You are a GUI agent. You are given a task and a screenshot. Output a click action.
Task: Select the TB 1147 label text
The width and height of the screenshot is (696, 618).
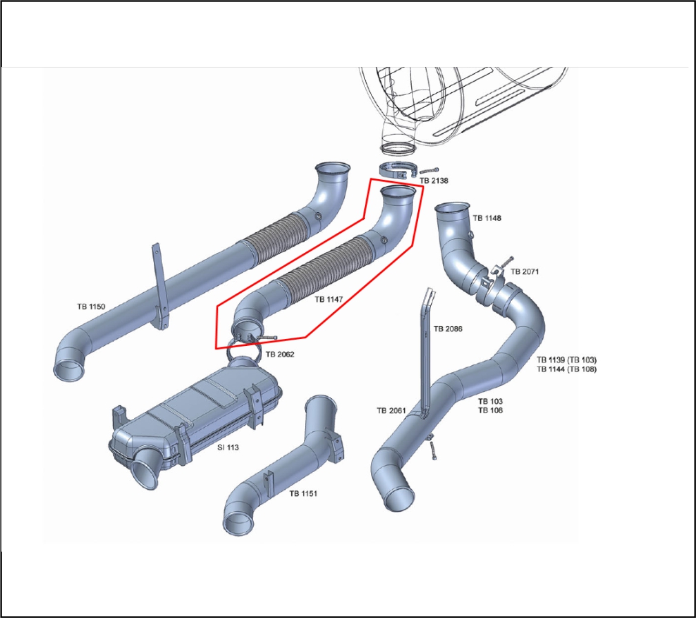point(329,300)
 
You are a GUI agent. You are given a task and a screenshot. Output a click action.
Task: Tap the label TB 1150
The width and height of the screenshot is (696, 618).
point(91,306)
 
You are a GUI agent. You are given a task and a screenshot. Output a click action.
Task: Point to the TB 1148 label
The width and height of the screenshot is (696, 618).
point(487,218)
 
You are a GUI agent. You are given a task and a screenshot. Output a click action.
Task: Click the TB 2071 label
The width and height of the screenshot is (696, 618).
point(525,272)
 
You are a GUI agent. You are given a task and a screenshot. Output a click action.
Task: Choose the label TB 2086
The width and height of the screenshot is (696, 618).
point(448,329)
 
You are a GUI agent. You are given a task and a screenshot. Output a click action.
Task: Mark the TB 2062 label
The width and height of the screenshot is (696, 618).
point(280,353)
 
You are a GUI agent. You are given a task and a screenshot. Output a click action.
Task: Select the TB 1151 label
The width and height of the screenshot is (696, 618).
point(304,493)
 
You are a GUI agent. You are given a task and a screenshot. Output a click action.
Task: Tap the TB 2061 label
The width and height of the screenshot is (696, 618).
point(390,411)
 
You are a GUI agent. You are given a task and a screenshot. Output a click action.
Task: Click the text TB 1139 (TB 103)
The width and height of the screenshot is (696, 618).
point(566,360)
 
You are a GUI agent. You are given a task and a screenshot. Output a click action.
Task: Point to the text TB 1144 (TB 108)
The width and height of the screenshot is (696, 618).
point(566,369)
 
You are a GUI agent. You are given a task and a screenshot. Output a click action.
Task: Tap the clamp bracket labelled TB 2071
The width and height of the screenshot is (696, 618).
point(495,278)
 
